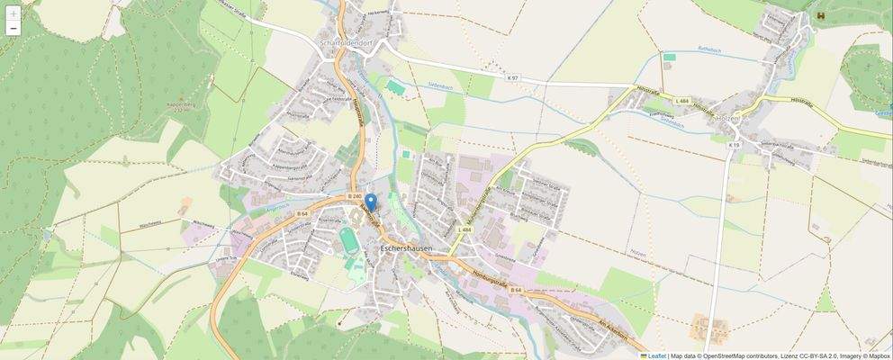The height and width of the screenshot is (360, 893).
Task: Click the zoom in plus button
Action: click(13, 13)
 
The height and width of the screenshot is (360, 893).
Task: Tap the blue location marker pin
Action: click(371, 202)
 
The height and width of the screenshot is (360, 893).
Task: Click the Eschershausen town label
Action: click(406, 247)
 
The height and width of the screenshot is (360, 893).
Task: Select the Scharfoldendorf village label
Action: click(352, 41)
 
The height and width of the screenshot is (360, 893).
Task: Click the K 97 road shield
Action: click(513, 79)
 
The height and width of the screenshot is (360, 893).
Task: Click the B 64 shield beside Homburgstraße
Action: click(516, 290)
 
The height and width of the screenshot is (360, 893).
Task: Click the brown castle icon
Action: click(819, 14)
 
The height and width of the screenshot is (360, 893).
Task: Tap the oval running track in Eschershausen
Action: click(348, 240)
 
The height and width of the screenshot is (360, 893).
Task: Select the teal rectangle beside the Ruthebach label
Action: click(669, 58)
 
